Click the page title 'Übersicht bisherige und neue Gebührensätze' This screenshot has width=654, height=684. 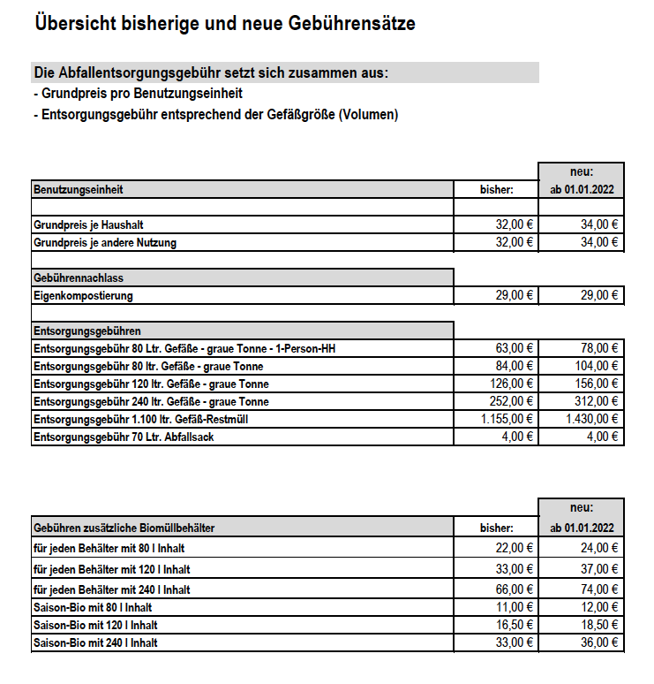pyautogui.click(x=224, y=25)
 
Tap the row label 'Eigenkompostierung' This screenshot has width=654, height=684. pyautogui.click(x=83, y=295)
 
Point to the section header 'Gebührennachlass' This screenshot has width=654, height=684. pyautogui.click(x=80, y=277)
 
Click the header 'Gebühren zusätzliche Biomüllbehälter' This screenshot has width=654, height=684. pyautogui.click(x=124, y=528)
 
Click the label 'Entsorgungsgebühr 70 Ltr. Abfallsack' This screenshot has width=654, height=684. pyautogui.click(x=123, y=437)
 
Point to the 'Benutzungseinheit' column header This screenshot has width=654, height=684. pyautogui.click(x=79, y=189)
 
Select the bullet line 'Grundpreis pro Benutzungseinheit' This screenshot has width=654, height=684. pyautogui.click(x=137, y=93)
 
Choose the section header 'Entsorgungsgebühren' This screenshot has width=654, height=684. pyautogui.click(x=87, y=331)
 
